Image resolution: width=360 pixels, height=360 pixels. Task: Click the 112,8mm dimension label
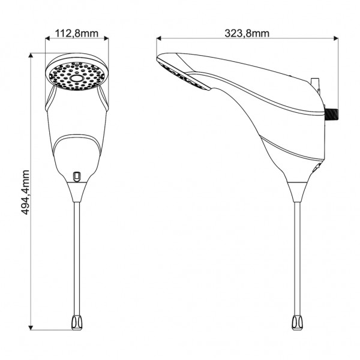click(77, 34)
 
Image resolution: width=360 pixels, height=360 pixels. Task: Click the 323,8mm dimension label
click(247, 34)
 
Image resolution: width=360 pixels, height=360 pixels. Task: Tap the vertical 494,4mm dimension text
click(25, 193)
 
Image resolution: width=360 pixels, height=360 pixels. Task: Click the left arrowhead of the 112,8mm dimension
click(47, 38)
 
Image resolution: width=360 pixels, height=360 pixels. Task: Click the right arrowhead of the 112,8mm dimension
click(106, 38)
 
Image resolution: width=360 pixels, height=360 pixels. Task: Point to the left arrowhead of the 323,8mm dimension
click(158, 38)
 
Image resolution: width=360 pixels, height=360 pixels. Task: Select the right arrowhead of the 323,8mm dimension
click(336, 38)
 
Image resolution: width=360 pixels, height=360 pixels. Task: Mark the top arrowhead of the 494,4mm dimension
click(31, 56)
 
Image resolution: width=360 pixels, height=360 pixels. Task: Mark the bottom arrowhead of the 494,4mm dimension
click(31, 328)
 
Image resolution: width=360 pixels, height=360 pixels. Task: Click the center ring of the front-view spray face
click(76, 79)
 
